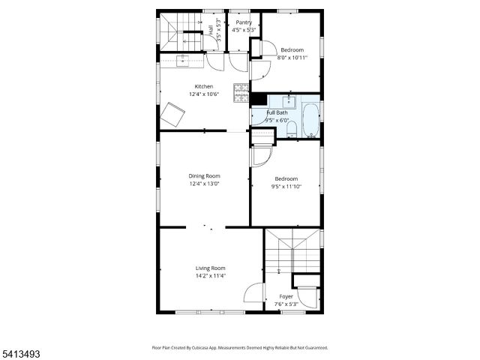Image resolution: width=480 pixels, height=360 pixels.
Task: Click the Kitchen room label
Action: tap(204, 86)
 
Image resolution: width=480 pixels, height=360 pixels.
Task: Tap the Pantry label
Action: tap(244, 22)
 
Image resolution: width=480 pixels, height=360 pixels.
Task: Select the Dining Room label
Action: tap(204, 176)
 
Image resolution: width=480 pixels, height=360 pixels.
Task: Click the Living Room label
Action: tap(211, 268)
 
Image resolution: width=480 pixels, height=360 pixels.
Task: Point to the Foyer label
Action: tap(286, 296)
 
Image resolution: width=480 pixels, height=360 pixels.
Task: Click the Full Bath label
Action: tap(277, 112)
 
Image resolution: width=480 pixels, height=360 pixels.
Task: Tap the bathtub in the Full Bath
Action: tap(310, 118)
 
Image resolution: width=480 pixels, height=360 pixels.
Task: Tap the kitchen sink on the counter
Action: tap(183, 58)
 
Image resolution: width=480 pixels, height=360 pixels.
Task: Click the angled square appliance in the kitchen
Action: tap(175, 115)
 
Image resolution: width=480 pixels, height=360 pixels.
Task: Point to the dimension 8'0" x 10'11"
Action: tap(292, 57)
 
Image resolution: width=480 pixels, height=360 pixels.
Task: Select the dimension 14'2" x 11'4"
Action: tap(211, 275)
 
